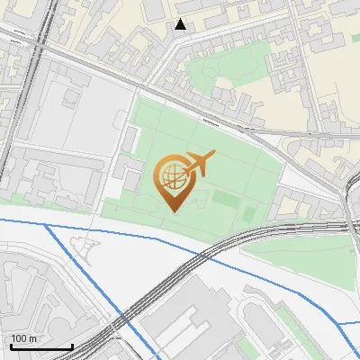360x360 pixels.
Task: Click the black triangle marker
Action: click(x=181, y=24)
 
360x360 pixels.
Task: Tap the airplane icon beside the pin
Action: click(x=199, y=163)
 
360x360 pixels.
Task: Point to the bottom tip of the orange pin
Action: click(x=172, y=210)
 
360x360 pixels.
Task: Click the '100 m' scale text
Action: click(x=25, y=338)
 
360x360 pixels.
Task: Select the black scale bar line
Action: click(x=41, y=346)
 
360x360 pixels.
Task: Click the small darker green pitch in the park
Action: click(x=248, y=212)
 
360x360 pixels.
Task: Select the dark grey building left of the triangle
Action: click(x=154, y=9)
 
